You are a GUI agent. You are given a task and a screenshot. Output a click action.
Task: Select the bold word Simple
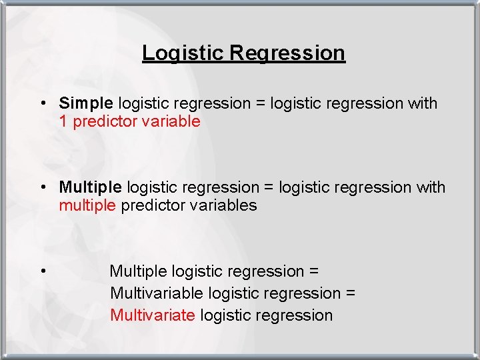coord(86,103)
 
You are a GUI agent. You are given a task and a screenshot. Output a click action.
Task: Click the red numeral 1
coord(63,121)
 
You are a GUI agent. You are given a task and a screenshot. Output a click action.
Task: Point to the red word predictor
coord(103,121)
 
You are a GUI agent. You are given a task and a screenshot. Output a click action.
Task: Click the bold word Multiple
coord(90,187)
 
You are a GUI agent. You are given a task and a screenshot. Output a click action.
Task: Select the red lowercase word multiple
coord(87,205)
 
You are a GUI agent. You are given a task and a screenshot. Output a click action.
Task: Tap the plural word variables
coord(223,205)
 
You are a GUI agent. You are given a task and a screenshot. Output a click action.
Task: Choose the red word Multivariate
coord(153,315)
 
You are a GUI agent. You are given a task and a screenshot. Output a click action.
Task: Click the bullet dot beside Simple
coord(42,104)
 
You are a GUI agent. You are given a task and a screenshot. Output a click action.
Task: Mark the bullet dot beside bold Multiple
coord(42,188)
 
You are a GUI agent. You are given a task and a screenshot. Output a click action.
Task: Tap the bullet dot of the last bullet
coord(42,271)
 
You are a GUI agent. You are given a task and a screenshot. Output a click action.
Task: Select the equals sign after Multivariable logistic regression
coord(351,293)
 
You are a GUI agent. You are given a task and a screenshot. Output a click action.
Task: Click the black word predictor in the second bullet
coord(153,205)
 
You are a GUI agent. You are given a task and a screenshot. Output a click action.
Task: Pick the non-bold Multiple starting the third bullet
coord(138,271)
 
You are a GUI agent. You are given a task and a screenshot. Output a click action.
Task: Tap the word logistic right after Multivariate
coord(227,315)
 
